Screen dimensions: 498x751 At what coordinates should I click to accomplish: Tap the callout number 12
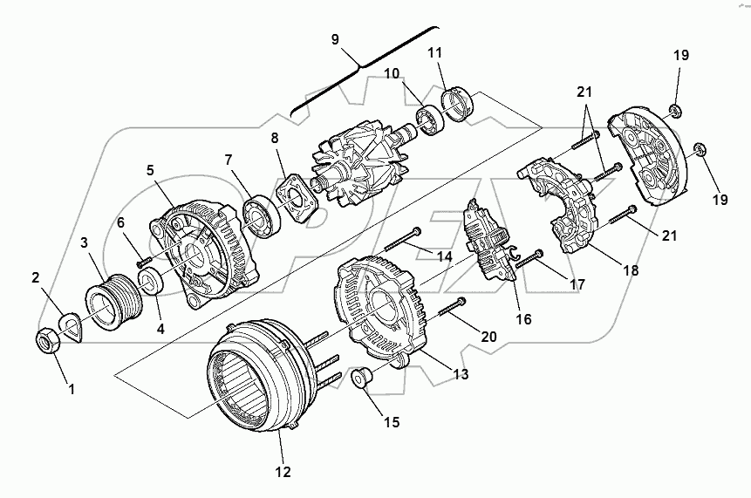[282, 472]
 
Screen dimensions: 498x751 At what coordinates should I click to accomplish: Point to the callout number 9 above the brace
[336, 39]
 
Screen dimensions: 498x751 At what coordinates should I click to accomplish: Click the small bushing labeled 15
[361, 379]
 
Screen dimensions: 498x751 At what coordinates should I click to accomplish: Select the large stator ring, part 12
[253, 377]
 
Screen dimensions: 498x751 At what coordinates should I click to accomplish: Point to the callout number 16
[523, 319]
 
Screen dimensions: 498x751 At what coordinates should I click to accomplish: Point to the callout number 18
[632, 270]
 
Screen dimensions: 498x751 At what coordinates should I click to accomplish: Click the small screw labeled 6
[143, 257]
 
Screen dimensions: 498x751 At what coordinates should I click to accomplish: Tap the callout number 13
[461, 374]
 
